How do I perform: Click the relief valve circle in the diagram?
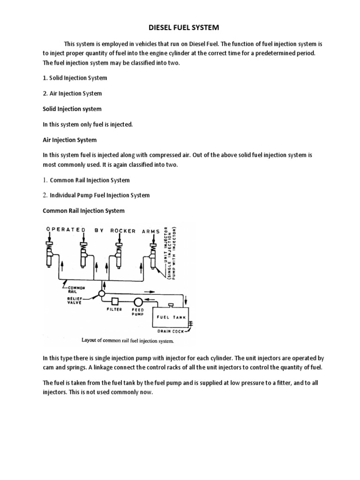[101, 294]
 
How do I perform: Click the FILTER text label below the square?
[114, 309]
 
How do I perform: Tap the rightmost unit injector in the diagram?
[153, 254]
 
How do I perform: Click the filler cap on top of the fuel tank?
[171, 306]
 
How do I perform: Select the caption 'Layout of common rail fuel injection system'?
[128, 341]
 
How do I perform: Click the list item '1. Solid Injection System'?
[75, 78]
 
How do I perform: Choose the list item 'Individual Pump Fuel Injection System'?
[100, 195]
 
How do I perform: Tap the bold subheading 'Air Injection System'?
[70, 140]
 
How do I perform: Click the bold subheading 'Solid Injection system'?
[72, 109]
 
